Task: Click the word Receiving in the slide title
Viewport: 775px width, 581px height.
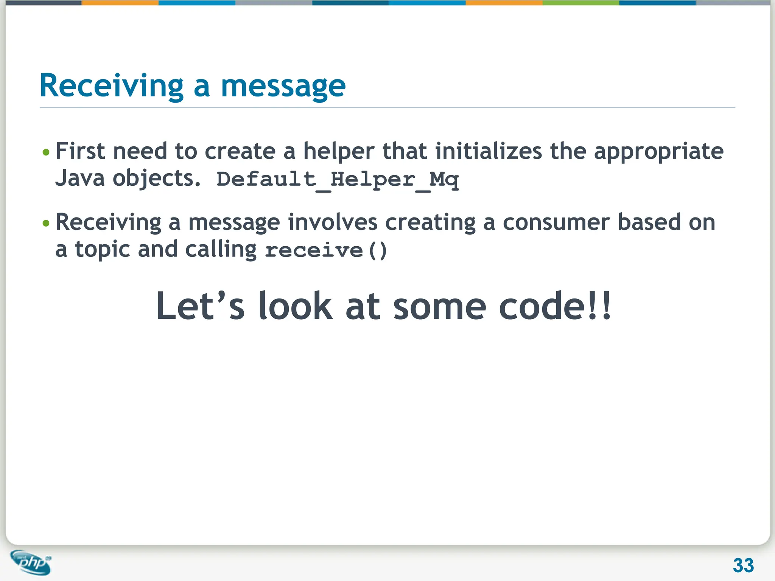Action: pyautogui.click(x=111, y=86)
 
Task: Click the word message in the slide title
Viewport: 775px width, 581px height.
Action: pyautogui.click(x=283, y=86)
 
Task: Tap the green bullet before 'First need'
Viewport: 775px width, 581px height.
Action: pyautogui.click(x=46, y=152)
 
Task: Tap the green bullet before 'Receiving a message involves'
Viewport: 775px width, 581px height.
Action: pyautogui.click(x=46, y=223)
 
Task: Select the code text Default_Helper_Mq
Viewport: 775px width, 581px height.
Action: pyautogui.click(x=338, y=179)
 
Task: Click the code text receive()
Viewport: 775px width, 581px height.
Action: pyautogui.click(x=325, y=250)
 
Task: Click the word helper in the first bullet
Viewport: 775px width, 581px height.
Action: pyautogui.click(x=339, y=152)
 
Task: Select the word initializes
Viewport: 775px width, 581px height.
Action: pyautogui.click(x=489, y=151)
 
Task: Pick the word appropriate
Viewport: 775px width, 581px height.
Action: pyautogui.click(x=658, y=152)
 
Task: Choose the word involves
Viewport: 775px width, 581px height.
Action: pyautogui.click(x=333, y=222)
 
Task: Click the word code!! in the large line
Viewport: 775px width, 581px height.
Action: pyautogui.click(x=554, y=306)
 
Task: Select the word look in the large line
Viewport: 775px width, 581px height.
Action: pyautogui.click(x=295, y=306)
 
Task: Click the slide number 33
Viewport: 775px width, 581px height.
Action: pyautogui.click(x=743, y=565)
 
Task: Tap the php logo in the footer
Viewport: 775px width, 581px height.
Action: pyautogui.click(x=32, y=562)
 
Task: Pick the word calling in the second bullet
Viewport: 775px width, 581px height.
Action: pyautogui.click(x=221, y=250)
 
